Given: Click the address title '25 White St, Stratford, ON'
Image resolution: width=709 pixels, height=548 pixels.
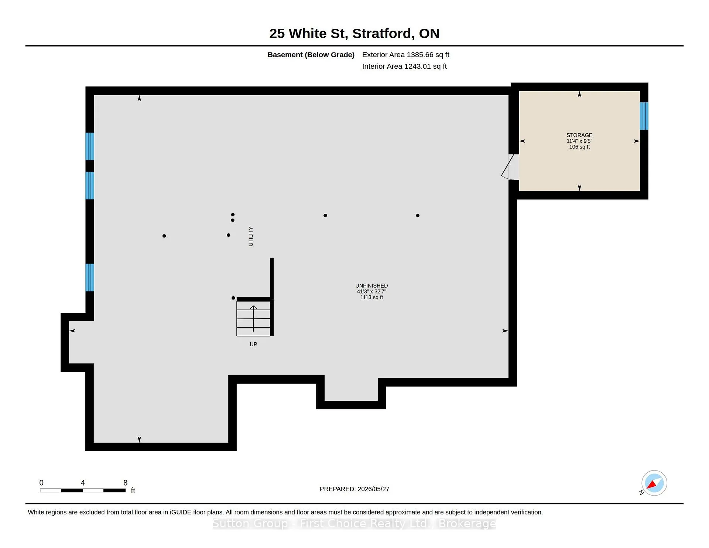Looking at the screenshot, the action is (354, 34).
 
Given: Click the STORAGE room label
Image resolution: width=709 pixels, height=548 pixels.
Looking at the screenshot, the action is (579, 135).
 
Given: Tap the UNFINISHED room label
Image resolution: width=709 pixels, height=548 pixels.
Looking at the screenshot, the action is (371, 285).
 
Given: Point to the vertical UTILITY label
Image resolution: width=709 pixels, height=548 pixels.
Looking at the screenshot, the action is (251, 236).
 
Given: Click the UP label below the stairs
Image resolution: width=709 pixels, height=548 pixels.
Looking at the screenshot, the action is (253, 344).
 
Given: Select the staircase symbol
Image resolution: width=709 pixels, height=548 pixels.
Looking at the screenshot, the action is (253, 319).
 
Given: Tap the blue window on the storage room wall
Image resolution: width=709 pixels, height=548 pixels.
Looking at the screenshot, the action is (644, 116).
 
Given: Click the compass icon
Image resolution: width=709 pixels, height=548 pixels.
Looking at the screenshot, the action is (654, 483).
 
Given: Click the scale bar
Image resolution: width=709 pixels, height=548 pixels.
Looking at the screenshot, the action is (83, 490).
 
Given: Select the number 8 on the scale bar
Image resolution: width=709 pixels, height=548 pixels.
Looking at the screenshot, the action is (126, 483).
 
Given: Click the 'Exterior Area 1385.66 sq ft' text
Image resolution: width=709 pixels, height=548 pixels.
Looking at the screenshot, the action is (405, 55).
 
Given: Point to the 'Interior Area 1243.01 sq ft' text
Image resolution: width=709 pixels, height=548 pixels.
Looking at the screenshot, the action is (404, 66).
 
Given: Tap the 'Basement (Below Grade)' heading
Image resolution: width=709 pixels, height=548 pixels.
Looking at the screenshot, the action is (311, 55).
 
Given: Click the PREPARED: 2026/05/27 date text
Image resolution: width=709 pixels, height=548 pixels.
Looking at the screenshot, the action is (354, 489).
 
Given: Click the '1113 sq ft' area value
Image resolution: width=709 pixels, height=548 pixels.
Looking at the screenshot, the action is (371, 297).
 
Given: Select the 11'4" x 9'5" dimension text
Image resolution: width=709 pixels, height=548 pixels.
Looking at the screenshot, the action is (579, 141).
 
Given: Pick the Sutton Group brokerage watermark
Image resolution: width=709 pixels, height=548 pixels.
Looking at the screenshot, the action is (354, 524).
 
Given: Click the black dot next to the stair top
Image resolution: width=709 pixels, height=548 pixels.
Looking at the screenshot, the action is (233, 298).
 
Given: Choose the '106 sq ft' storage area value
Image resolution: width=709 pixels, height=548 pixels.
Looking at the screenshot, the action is (579, 147).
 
